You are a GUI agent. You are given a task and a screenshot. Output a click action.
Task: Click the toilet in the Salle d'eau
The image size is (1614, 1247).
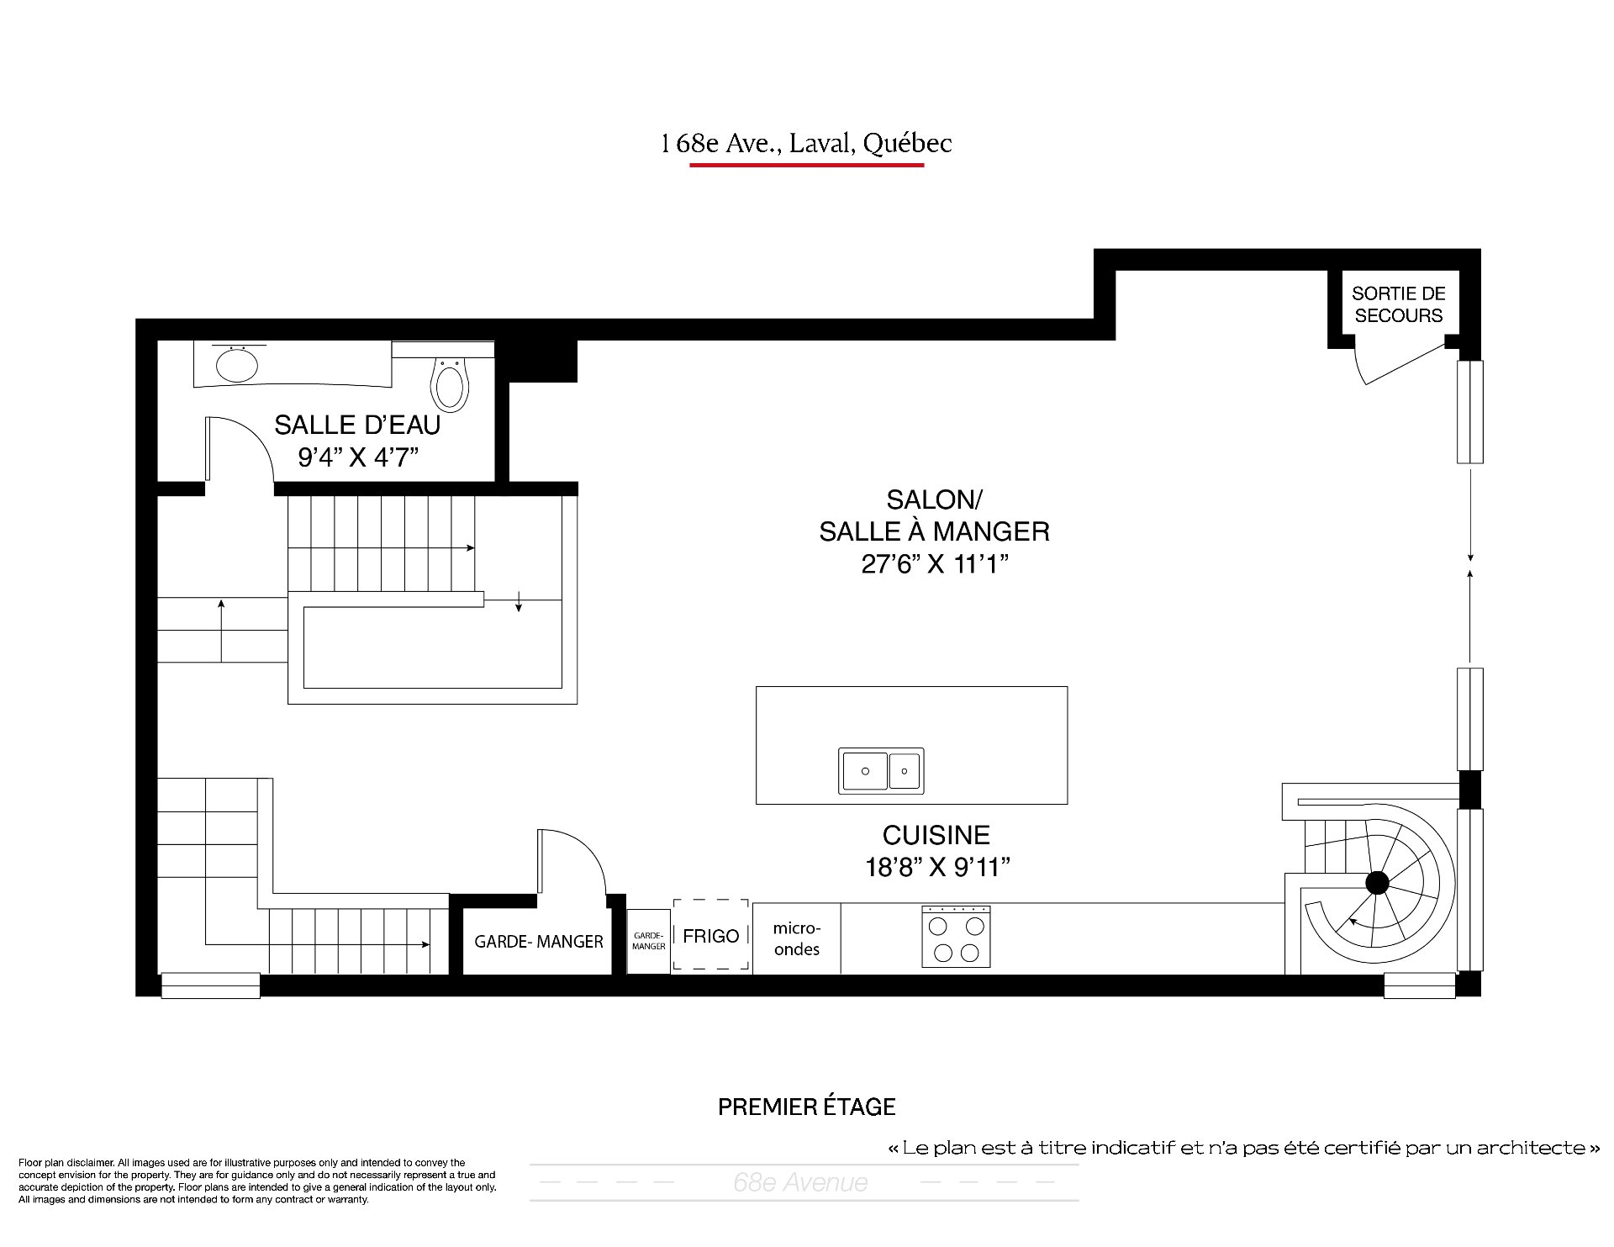click(x=449, y=384)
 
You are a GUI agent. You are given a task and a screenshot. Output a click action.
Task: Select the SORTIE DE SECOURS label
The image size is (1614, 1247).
click(x=1399, y=304)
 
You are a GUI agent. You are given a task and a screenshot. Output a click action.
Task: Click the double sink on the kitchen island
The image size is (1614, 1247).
click(x=881, y=770)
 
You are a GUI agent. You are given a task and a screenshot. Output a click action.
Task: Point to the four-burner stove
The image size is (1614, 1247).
click(x=956, y=936)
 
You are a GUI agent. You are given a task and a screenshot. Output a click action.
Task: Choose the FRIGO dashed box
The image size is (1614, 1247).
click(x=710, y=935)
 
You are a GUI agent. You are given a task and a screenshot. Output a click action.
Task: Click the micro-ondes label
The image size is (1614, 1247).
click(x=796, y=938)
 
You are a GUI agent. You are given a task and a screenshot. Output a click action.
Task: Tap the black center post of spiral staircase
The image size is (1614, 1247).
click(x=1377, y=883)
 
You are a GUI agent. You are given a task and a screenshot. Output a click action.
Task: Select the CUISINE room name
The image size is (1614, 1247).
click(x=936, y=835)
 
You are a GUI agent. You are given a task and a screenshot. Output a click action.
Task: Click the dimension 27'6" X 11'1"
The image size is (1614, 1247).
click(x=935, y=563)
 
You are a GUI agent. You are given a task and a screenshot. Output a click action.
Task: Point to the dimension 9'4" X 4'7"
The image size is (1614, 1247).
click(x=358, y=457)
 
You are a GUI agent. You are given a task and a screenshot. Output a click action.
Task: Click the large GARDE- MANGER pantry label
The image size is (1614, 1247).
click(x=539, y=942)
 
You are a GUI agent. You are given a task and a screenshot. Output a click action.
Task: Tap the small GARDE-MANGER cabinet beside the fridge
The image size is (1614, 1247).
click(x=649, y=941)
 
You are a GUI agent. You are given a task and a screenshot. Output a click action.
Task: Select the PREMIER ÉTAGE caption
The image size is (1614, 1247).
click(x=807, y=1107)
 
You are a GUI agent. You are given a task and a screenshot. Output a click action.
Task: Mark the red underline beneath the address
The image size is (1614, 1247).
click(x=807, y=165)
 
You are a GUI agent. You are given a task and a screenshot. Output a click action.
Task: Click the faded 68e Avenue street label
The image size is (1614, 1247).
click(x=800, y=1182)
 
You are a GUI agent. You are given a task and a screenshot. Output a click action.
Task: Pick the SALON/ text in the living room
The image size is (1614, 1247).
click(x=935, y=499)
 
